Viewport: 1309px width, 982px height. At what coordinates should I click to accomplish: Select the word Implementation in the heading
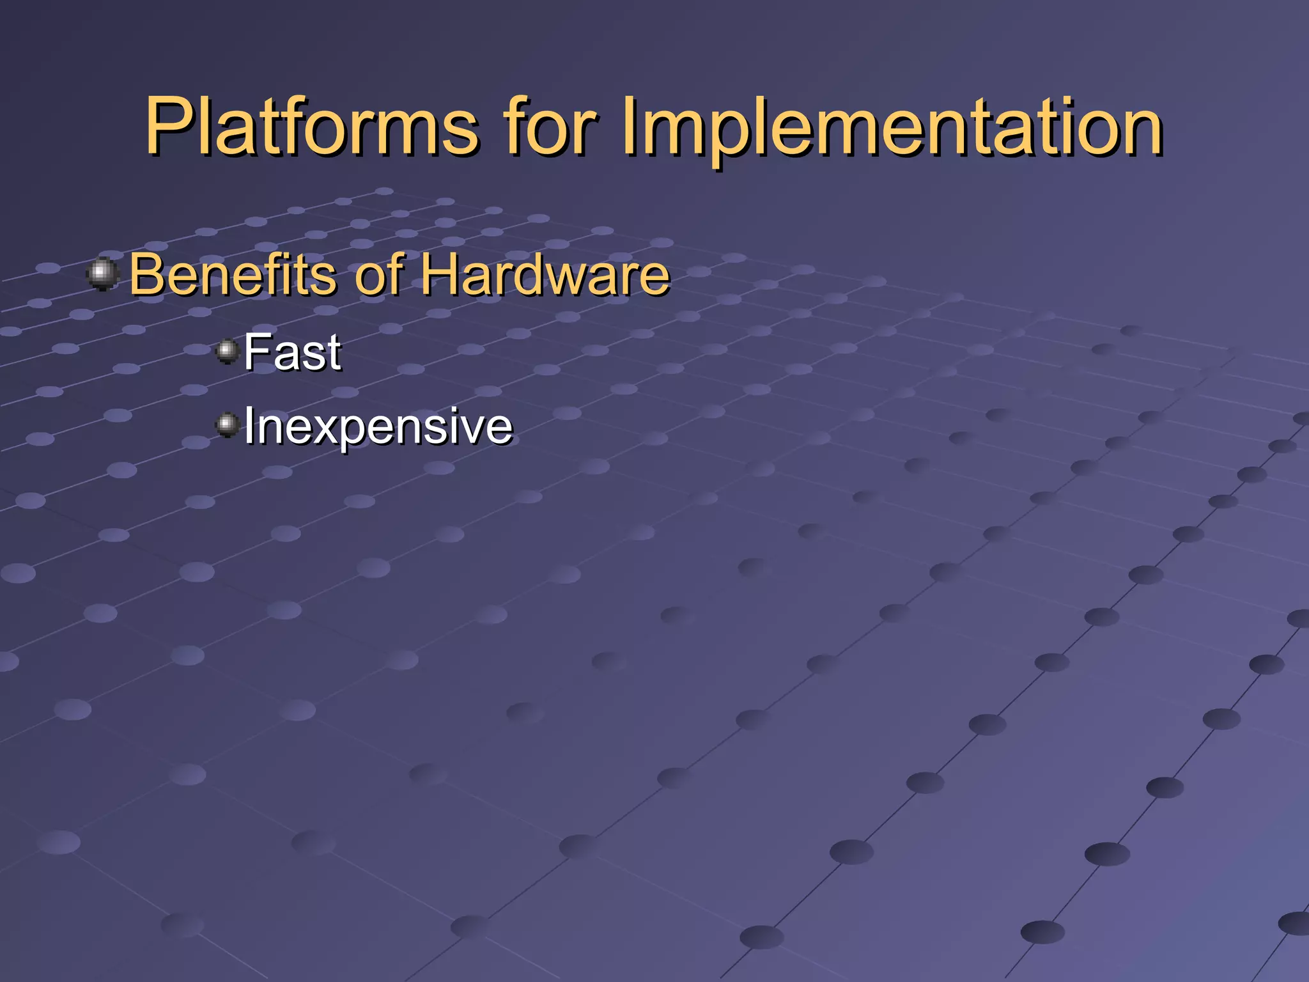pos(892,127)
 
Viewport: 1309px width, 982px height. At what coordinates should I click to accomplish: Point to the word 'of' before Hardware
pos(380,275)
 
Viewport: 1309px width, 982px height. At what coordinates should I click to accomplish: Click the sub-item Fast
pos(292,352)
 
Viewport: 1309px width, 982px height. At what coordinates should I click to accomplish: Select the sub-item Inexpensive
pos(378,426)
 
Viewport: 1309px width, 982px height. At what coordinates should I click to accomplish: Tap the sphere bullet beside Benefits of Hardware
pos(102,274)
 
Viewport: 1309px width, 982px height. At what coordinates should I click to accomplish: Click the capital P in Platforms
pos(167,127)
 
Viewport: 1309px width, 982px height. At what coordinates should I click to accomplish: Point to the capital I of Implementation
pos(630,127)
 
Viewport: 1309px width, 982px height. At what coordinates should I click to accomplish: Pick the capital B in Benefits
pos(146,275)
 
